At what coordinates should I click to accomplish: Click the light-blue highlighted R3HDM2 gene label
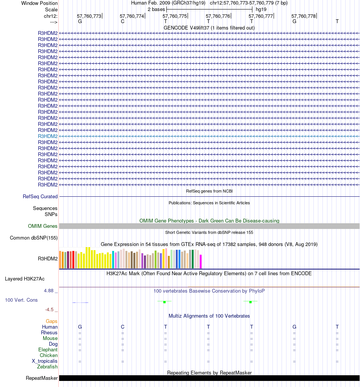click(48, 136)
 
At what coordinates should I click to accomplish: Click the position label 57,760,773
click(89, 16)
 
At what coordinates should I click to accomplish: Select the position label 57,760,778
click(304, 16)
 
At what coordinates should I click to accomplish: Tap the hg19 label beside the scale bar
click(261, 9)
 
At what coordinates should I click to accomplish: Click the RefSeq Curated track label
click(40, 197)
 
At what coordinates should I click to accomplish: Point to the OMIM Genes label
click(43, 226)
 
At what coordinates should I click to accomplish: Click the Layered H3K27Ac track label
click(25, 279)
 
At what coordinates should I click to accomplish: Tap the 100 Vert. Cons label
click(21, 300)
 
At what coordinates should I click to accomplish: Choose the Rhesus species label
click(49, 333)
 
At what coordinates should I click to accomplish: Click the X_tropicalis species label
click(45, 361)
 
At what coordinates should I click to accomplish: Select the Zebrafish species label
click(47, 367)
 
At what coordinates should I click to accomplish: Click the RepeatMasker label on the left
click(42, 378)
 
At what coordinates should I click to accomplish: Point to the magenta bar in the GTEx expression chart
click(201, 261)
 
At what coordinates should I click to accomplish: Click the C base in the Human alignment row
click(122, 327)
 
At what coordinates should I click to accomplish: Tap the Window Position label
click(39, 3)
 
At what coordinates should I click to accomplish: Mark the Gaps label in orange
click(52, 321)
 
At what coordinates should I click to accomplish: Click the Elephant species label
click(48, 350)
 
